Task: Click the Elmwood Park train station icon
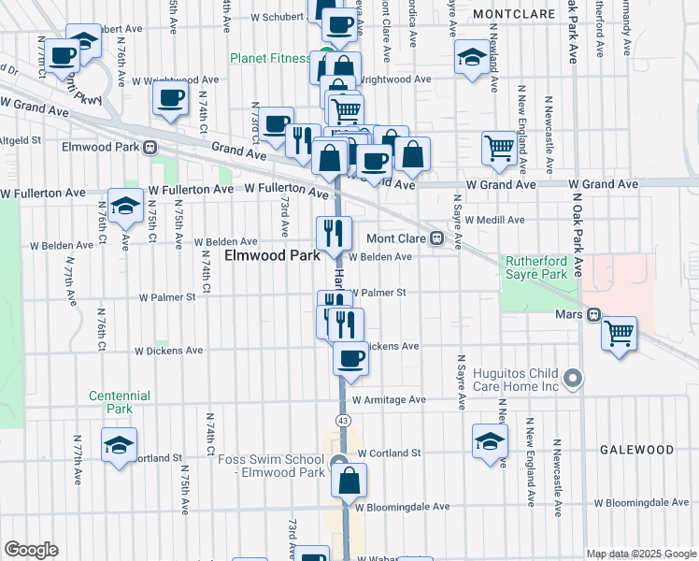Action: tap(148, 147)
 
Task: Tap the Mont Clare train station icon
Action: tap(435, 237)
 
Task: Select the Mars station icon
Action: tap(592, 315)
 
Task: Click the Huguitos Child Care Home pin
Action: tap(575, 379)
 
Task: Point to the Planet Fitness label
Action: tap(271, 58)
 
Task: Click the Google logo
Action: tap(31, 550)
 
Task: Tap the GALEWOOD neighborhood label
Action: tap(637, 450)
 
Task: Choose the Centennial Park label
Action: tap(120, 402)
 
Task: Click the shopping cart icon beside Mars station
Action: tap(619, 333)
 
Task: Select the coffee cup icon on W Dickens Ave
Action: tap(350, 358)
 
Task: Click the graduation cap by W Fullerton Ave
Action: tap(124, 207)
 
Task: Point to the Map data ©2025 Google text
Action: tap(640, 554)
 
